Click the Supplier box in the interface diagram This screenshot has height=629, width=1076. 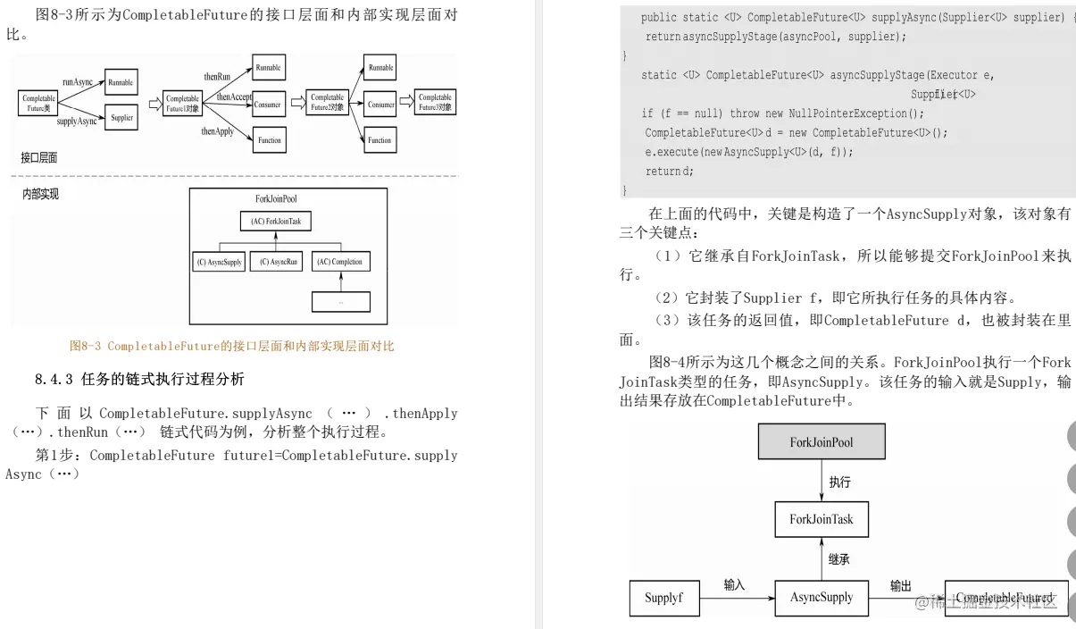click(x=122, y=117)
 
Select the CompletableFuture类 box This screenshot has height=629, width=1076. click(x=38, y=103)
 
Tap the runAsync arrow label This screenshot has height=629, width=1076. click(x=78, y=82)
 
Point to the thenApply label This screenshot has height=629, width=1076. click(x=217, y=131)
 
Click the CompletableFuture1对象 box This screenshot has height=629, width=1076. click(x=183, y=104)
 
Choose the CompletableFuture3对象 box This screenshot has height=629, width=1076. click(x=435, y=102)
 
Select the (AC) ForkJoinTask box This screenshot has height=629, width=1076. click(x=276, y=221)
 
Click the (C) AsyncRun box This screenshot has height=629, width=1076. click(x=277, y=262)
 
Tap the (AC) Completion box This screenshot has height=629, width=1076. click(x=340, y=262)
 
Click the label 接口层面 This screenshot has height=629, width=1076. click(x=39, y=157)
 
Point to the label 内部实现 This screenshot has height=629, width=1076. click(x=41, y=193)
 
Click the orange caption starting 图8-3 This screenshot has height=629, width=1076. click(x=232, y=346)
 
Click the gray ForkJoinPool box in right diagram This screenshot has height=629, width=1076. click(x=822, y=441)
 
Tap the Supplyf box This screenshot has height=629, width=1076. click(x=663, y=598)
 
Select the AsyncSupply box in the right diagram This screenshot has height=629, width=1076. click(x=822, y=597)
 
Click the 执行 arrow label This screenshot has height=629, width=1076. click(x=839, y=482)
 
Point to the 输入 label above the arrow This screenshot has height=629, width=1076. click(x=734, y=584)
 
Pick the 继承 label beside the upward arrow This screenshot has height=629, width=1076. click(x=838, y=559)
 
